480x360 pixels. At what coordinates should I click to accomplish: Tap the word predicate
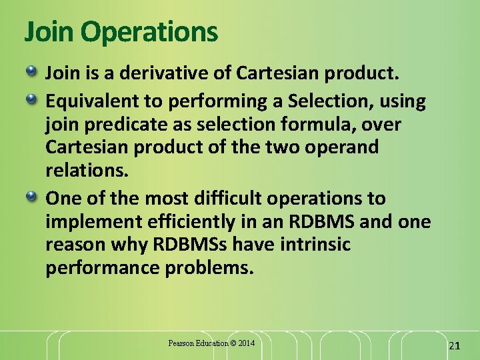point(116,125)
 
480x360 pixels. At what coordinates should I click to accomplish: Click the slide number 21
point(455,345)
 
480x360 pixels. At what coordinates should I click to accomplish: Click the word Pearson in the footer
point(181,343)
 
